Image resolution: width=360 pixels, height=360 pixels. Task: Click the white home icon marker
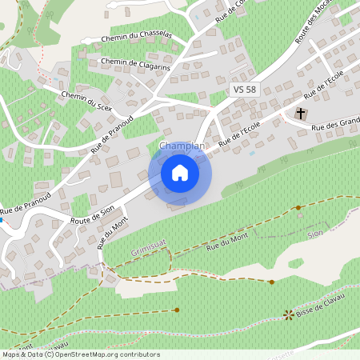[x=180, y=172]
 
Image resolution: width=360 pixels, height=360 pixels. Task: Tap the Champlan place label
[x=182, y=146]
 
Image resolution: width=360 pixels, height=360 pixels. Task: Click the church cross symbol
[x=302, y=114]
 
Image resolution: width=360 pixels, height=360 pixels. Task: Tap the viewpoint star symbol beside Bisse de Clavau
[x=288, y=314]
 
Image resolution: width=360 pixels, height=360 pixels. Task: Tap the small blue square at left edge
[x=2, y=218]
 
